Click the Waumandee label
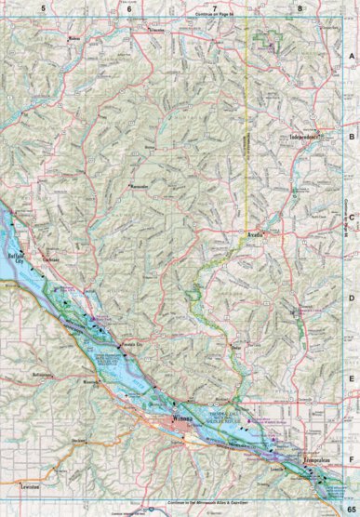[140, 185]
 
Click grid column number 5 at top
[43, 7]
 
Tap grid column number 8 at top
[300, 7]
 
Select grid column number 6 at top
[128, 7]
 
